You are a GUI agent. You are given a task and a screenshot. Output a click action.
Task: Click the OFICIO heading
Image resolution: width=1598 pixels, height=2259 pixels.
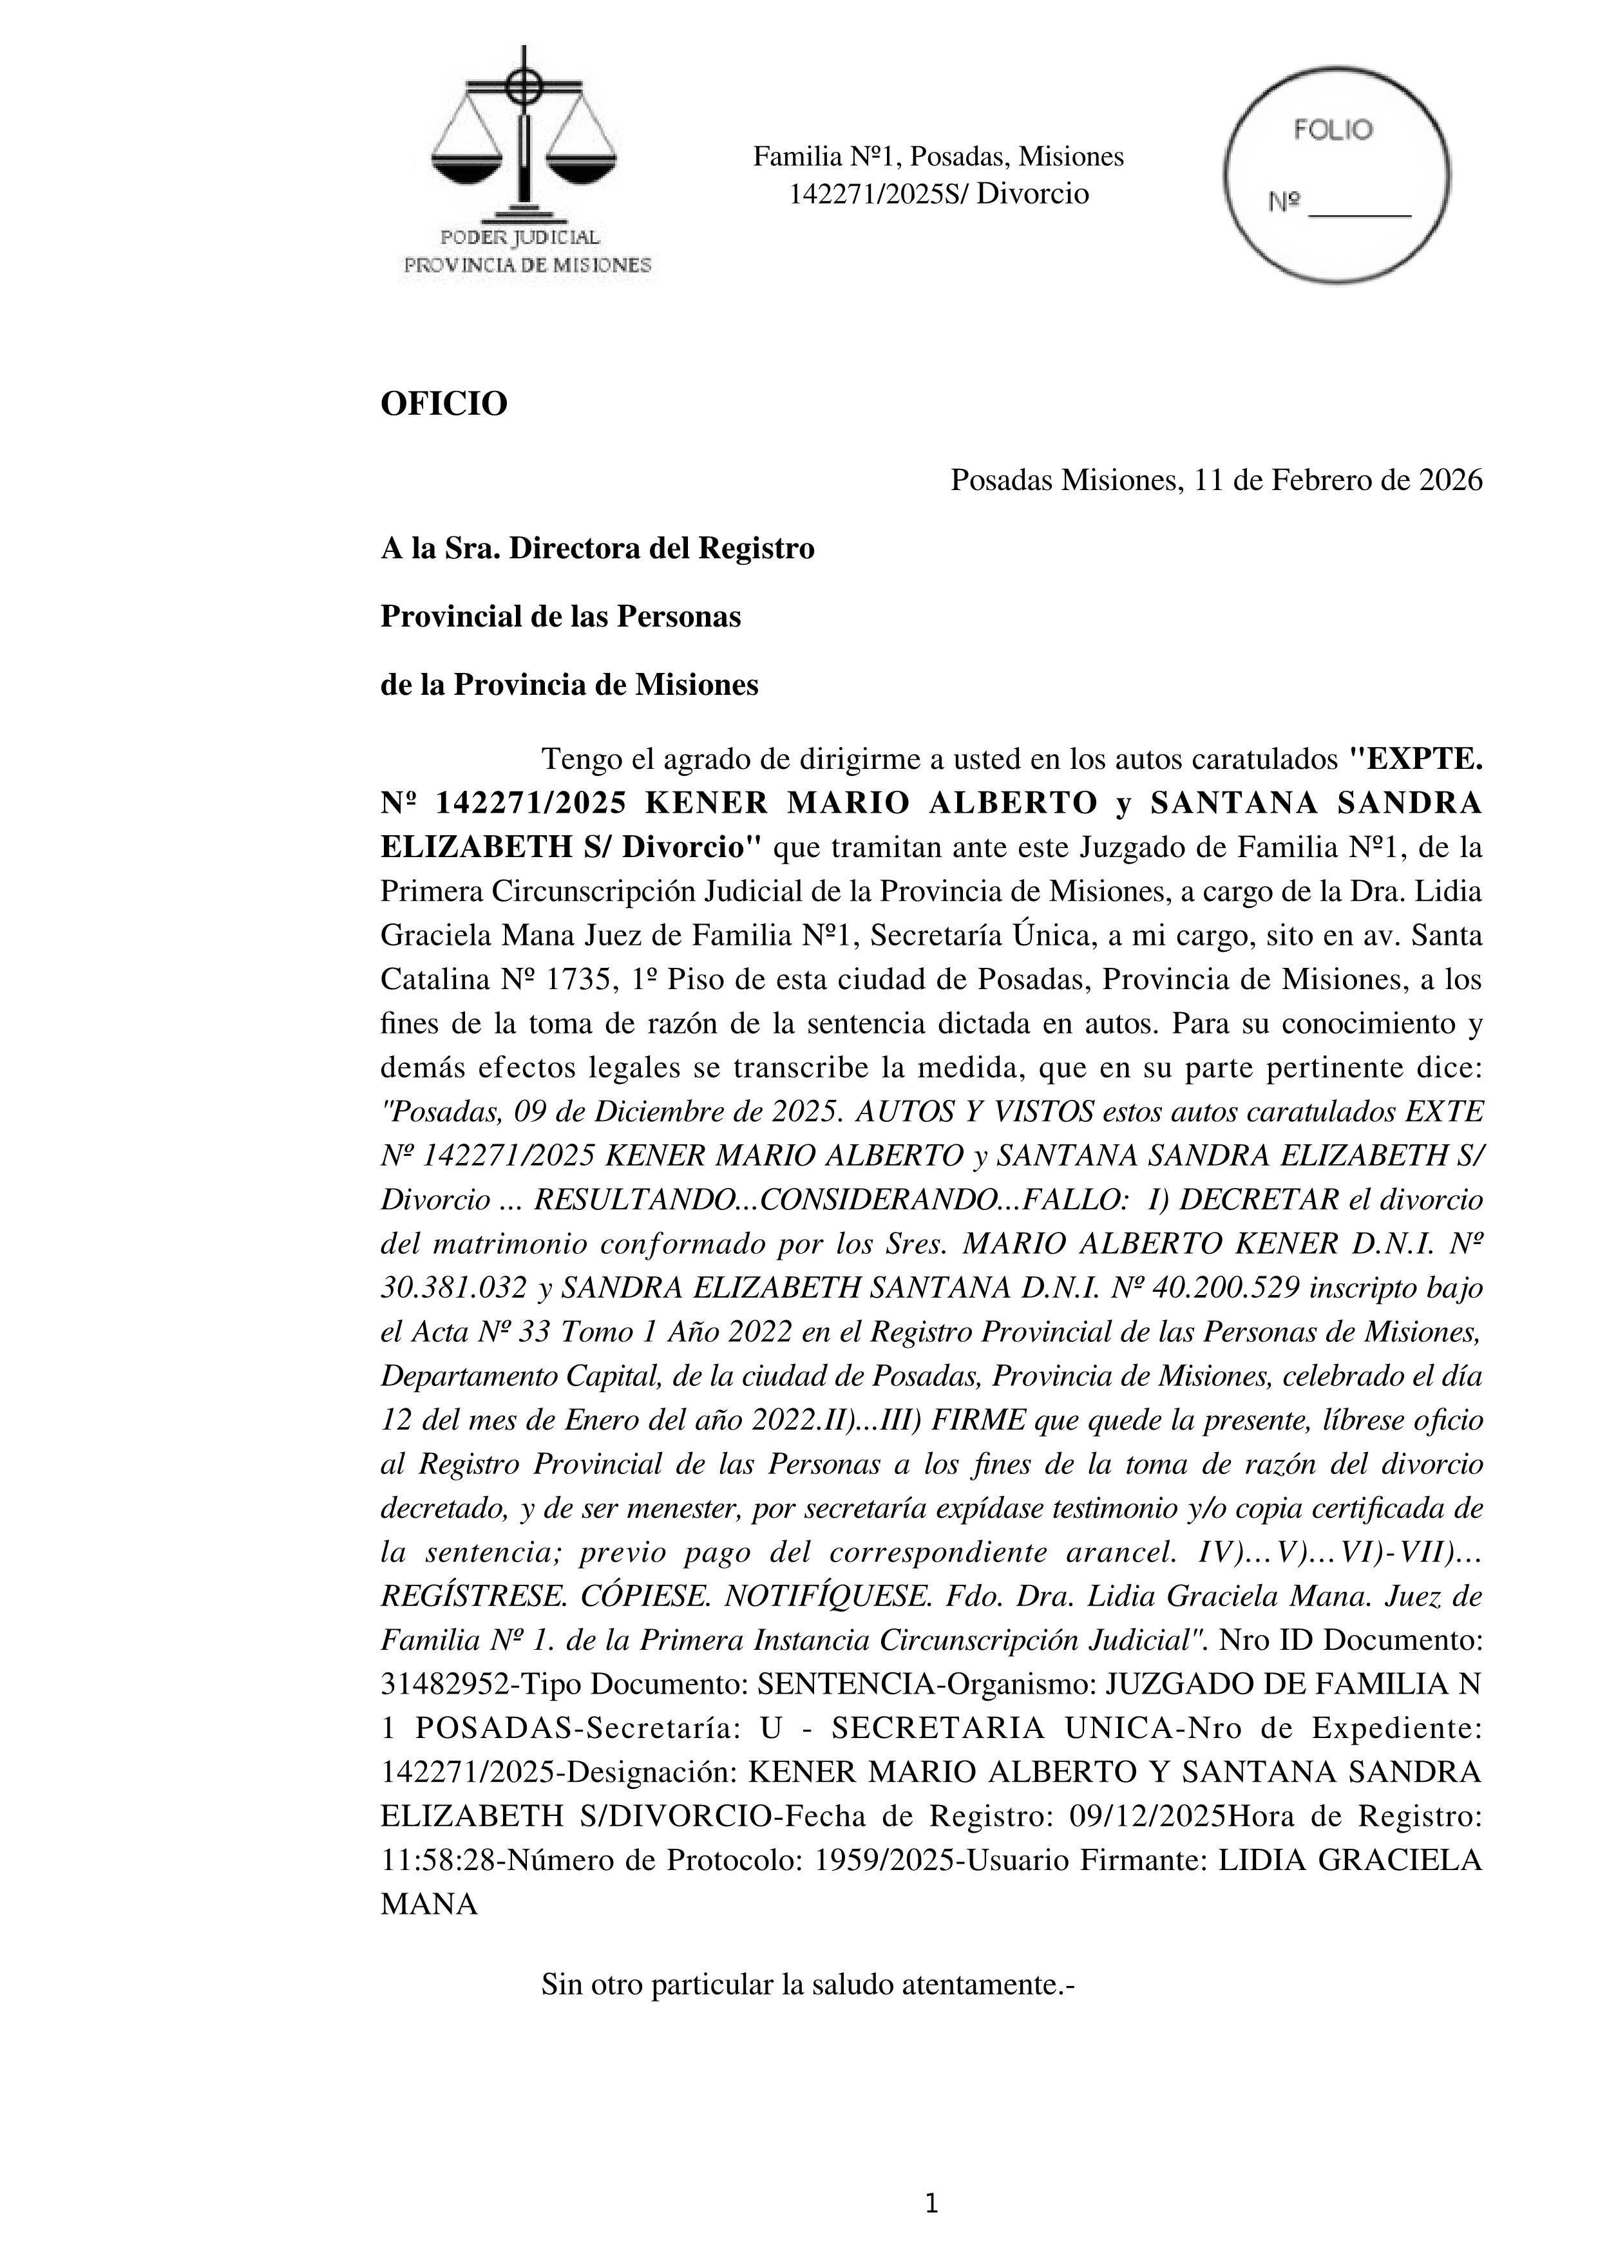tap(444, 404)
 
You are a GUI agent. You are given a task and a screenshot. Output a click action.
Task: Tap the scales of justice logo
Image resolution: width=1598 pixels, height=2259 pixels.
tap(524, 138)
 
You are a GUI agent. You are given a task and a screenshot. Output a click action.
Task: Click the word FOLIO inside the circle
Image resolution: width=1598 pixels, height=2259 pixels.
tap(1333, 130)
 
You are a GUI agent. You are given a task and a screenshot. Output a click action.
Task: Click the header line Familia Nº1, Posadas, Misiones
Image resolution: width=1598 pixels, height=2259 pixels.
tap(938, 156)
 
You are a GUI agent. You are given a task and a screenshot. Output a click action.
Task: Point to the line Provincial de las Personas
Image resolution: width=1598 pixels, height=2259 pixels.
tap(560, 617)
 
